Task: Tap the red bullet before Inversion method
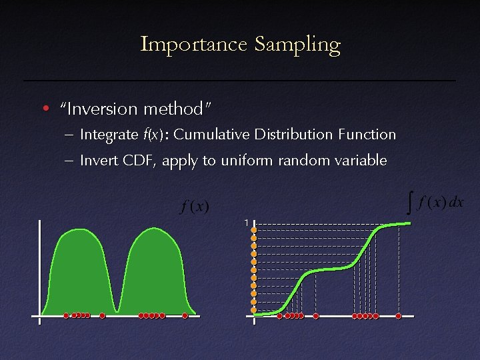[45, 109]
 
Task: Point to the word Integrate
[108, 135]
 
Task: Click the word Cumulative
[213, 135]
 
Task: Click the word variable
[361, 160]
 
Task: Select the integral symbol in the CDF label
[409, 202]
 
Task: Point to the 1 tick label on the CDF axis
[246, 222]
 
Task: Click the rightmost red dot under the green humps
[185, 315]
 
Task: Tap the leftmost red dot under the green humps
[66, 315]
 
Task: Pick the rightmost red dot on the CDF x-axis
[398, 316]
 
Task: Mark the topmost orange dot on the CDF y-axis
[254, 230]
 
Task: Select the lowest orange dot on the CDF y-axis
[254, 309]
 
